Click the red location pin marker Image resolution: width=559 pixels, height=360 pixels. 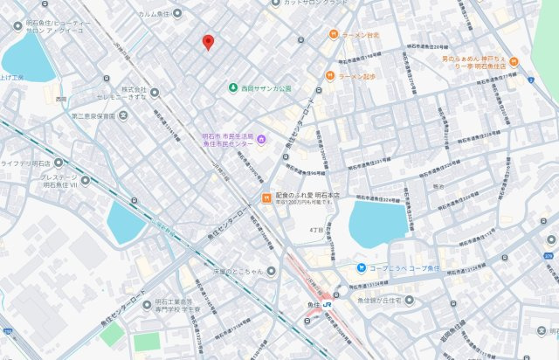207,42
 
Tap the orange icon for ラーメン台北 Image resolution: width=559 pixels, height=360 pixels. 333,34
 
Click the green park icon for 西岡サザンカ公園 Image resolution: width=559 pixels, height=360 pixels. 233,88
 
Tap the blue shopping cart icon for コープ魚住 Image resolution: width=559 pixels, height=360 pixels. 360,267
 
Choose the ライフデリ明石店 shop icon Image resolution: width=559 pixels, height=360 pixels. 59,162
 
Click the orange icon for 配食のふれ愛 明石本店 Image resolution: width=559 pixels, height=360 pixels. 266,197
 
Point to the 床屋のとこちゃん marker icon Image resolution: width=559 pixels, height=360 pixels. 272,272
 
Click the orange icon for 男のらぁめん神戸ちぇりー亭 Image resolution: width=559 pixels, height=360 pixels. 529,80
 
